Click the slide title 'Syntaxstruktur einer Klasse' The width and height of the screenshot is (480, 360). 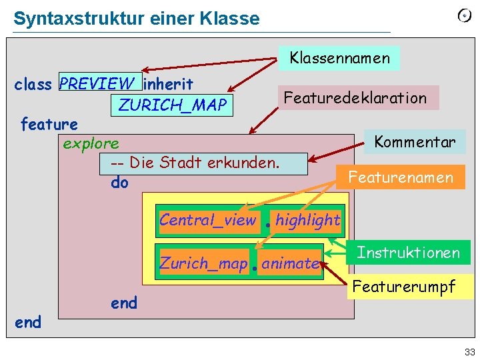coord(137,19)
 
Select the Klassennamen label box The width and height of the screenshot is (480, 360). coord(339,58)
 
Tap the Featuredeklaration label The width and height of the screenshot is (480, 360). coord(355,98)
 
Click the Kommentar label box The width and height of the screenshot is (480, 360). coord(415,141)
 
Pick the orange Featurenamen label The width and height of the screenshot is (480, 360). coord(401,177)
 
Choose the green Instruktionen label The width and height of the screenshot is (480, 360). coord(408,253)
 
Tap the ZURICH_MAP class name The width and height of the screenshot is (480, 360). coord(173,105)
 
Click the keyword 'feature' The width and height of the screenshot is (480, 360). coord(49,124)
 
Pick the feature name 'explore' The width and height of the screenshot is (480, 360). coord(91,143)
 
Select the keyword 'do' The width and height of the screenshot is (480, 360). coord(120,182)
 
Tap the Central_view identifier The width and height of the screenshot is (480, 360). coord(207,220)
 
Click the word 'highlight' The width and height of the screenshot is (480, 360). coord(307,220)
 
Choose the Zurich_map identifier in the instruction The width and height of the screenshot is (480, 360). coord(203,263)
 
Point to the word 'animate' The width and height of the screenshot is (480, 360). coord(290,263)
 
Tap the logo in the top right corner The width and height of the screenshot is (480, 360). coord(465,16)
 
